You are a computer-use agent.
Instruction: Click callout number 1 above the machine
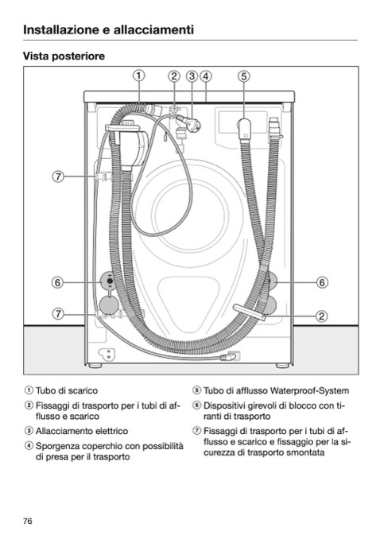[138, 76]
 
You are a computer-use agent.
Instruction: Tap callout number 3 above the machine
[192, 76]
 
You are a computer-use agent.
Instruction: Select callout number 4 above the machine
[206, 76]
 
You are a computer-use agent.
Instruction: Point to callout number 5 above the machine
[243, 76]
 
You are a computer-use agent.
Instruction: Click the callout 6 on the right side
[322, 282]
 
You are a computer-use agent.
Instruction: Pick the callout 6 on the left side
[58, 282]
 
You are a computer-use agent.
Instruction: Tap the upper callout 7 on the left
[58, 176]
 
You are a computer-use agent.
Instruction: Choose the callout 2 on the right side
[321, 316]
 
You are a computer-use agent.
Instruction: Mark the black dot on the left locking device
[110, 281]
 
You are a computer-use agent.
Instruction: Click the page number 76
[28, 522]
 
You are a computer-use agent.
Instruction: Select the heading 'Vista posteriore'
[64, 56]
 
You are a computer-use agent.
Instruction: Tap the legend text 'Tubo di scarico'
[67, 391]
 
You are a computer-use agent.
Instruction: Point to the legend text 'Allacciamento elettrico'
[82, 431]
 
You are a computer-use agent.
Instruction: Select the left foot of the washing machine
[95, 366]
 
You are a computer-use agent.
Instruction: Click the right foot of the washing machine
[282, 366]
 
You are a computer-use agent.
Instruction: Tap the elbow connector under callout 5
[245, 129]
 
